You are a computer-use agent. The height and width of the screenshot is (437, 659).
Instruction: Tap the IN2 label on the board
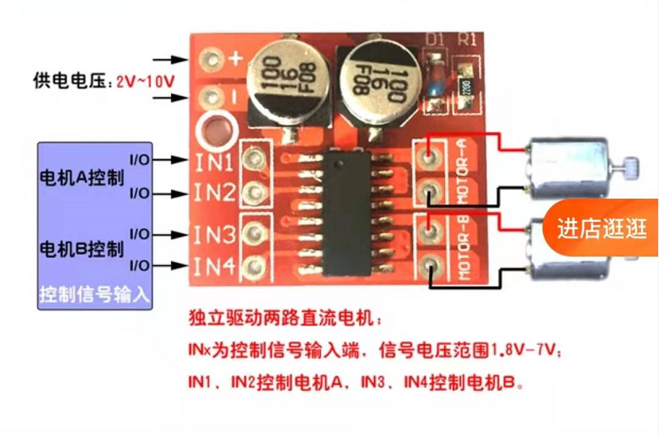click(x=213, y=193)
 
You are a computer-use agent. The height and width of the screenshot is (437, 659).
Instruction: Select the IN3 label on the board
click(x=213, y=235)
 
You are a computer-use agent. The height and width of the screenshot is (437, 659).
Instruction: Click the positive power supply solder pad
click(x=211, y=59)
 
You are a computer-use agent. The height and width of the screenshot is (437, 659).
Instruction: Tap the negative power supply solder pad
click(x=211, y=98)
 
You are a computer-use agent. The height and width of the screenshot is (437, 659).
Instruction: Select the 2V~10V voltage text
click(x=146, y=81)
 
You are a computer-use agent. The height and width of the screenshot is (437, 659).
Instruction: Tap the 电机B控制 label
click(x=81, y=248)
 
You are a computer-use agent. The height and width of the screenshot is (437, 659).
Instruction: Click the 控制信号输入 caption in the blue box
click(x=95, y=296)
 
